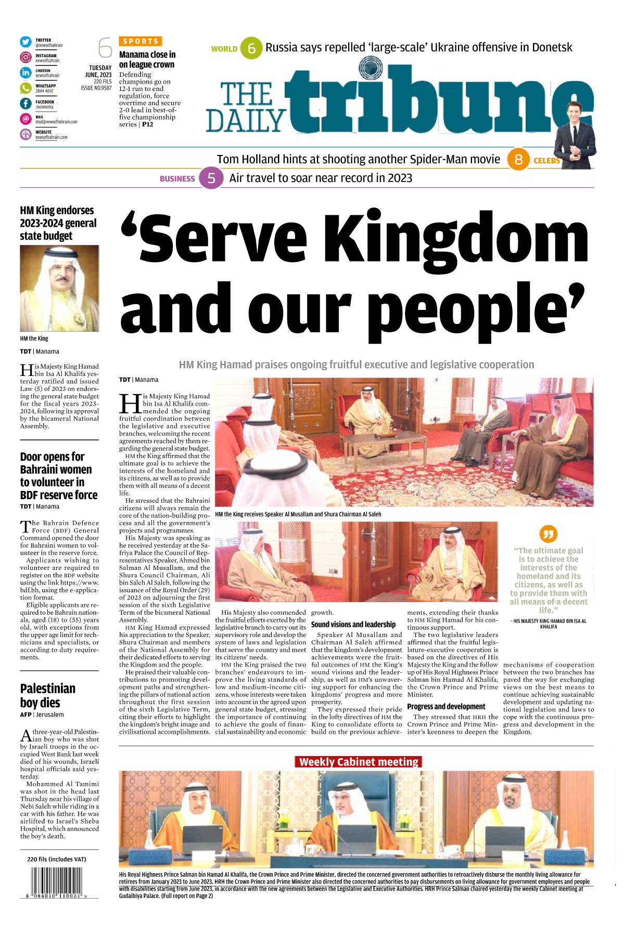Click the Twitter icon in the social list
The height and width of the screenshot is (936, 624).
(x=26, y=42)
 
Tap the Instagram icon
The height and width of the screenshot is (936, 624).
(x=26, y=58)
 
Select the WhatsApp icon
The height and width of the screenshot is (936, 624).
(x=26, y=88)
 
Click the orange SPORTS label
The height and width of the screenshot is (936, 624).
(x=141, y=41)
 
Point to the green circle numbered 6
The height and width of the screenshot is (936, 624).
(x=251, y=48)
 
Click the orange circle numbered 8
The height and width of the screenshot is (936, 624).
(x=518, y=160)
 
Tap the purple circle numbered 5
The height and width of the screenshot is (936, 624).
(x=211, y=178)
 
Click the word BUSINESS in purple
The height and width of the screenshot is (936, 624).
(x=177, y=179)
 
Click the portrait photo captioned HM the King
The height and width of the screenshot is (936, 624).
(x=59, y=288)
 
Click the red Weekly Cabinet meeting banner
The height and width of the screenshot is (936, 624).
(x=358, y=762)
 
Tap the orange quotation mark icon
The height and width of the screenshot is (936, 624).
(x=549, y=534)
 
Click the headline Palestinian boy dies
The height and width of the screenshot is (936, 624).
(x=48, y=695)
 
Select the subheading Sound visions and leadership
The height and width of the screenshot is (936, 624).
(x=353, y=624)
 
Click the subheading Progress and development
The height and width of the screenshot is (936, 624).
(x=446, y=706)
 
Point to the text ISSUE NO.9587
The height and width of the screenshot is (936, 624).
(x=96, y=88)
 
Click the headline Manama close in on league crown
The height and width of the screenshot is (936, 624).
(x=147, y=59)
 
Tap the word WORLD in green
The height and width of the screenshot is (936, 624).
(x=224, y=49)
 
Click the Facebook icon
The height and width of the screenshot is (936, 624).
(x=26, y=103)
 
